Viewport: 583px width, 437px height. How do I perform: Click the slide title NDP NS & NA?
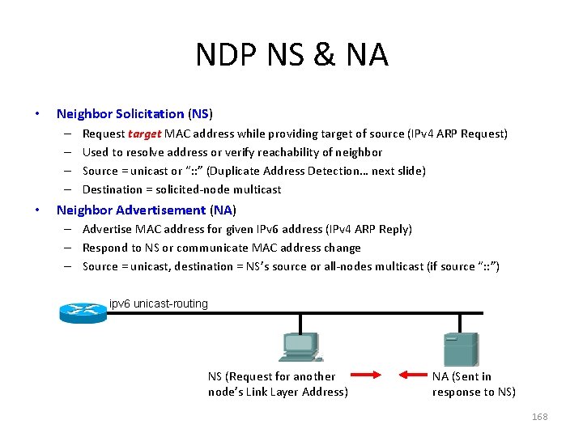[291, 55]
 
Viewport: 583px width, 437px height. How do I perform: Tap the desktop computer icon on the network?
[300, 348]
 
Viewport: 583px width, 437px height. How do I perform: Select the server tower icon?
[460, 350]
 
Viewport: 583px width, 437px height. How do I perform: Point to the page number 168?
[539, 417]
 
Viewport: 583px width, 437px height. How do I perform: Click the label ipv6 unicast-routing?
[159, 304]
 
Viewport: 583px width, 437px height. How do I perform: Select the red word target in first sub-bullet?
[145, 134]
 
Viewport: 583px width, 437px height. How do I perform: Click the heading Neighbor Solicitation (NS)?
[134, 114]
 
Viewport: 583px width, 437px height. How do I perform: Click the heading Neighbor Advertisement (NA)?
[146, 210]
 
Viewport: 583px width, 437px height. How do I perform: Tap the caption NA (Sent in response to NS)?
[473, 384]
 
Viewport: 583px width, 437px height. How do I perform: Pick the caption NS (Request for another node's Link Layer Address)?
[278, 384]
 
